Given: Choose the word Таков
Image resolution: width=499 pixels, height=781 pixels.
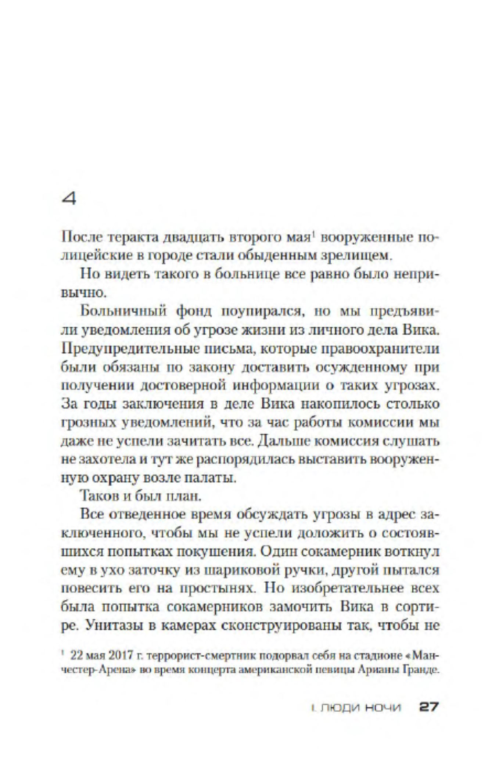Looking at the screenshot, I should [98, 496].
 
